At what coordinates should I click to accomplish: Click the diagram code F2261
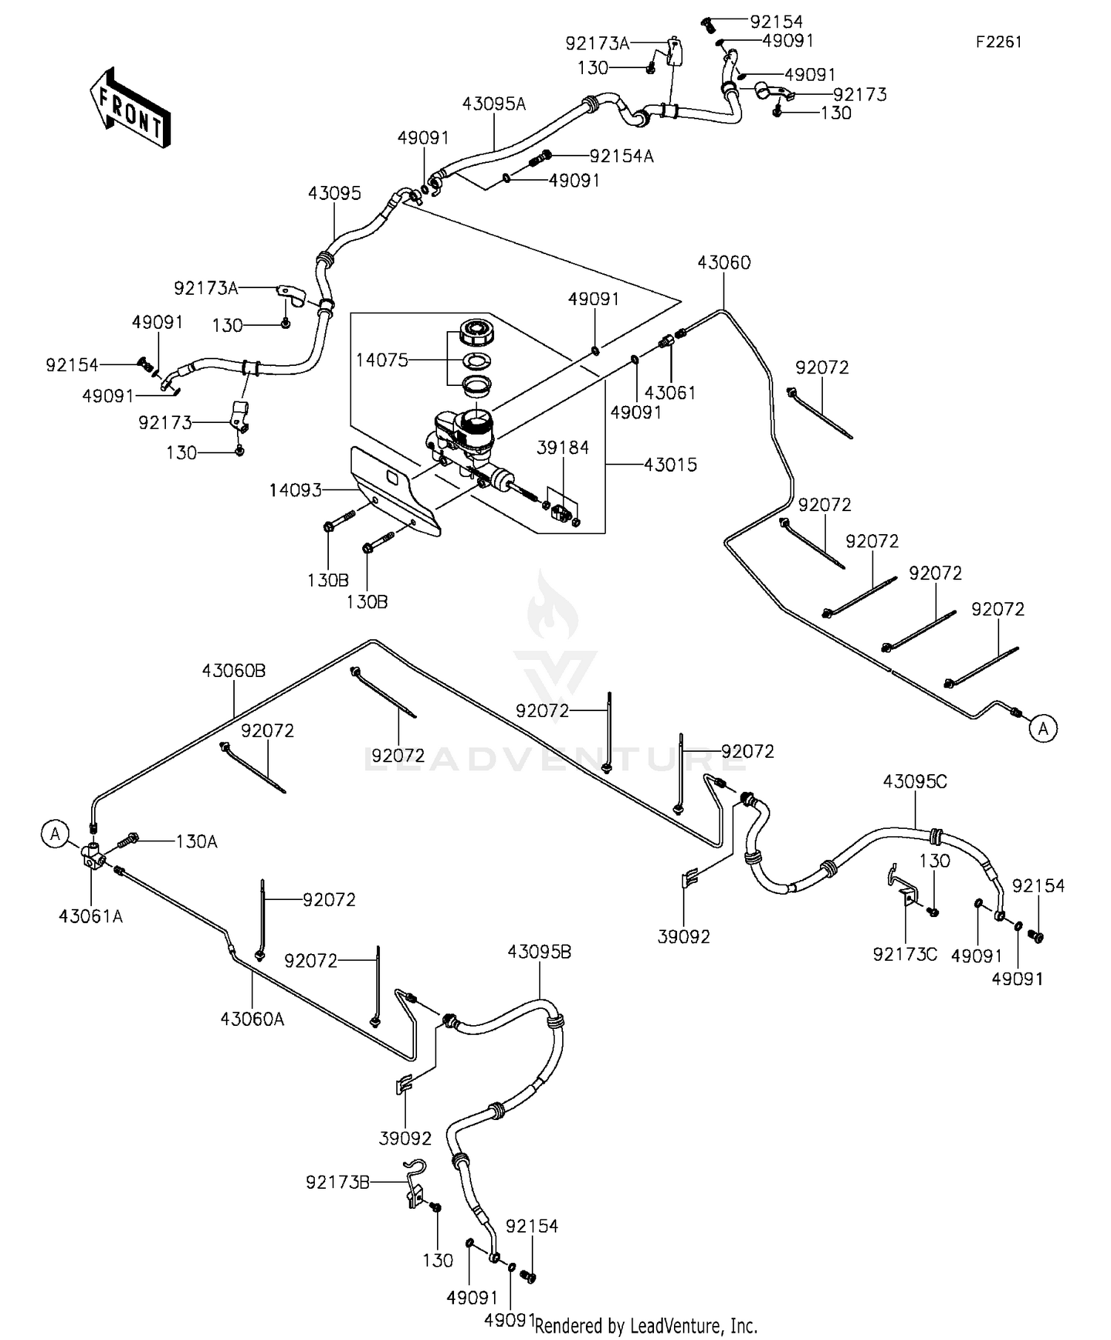(998, 42)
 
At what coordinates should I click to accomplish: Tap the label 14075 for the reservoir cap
(381, 361)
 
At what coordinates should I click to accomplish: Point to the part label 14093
(296, 490)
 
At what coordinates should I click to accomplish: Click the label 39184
(563, 447)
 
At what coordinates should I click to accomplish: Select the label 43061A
(91, 916)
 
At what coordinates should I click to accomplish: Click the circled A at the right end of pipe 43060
(1043, 729)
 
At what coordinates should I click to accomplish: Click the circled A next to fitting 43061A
(55, 834)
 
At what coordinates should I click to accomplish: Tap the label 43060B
(233, 670)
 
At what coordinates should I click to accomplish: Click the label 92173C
(904, 954)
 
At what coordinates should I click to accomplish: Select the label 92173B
(337, 1183)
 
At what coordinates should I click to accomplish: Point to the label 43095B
(539, 952)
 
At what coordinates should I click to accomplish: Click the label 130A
(196, 841)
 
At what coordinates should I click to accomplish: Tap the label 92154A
(621, 156)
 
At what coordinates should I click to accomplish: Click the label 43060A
(252, 1019)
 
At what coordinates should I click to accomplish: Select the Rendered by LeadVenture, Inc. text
(646, 1326)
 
